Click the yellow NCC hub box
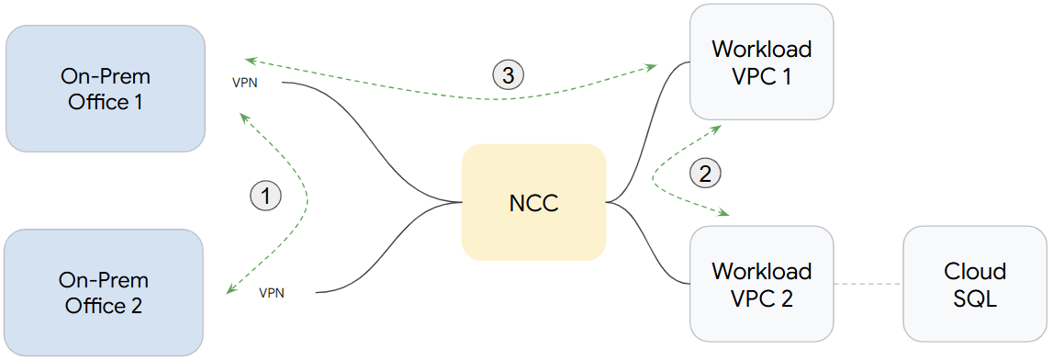(x=533, y=202)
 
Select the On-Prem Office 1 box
(x=105, y=88)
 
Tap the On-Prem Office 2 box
(x=104, y=292)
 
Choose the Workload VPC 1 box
(x=761, y=62)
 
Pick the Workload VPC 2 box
(x=761, y=285)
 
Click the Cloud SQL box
(x=975, y=285)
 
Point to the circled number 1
(x=265, y=195)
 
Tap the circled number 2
(x=705, y=172)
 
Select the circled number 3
(x=509, y=74)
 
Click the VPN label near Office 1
(x=246, y=82)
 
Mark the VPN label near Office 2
(x=271, y=293)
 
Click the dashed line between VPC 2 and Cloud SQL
(x=868, y=284)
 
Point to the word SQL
(x=975, y=298)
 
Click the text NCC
(x=533, y=203)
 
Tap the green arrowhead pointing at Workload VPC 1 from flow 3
(x=653, y=66)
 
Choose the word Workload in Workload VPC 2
(x=761, y=271)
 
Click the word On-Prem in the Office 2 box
(x=104, y=280)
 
